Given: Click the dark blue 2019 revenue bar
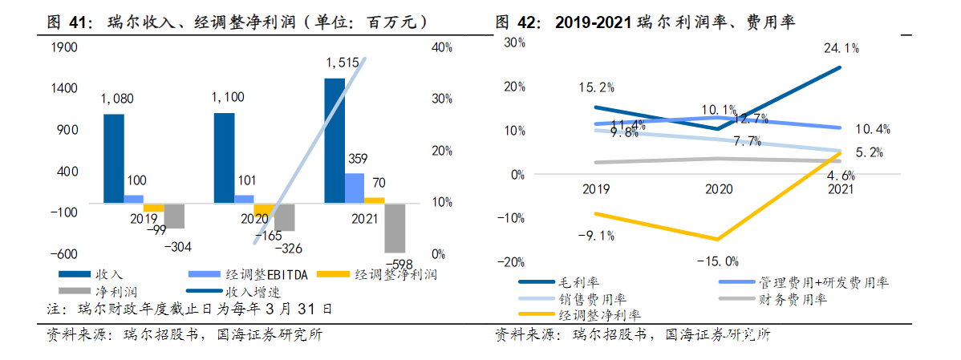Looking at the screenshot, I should click(114, 158).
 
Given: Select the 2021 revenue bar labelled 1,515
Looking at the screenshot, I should click(335, 140).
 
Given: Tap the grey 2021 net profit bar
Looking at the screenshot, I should click(395, 229).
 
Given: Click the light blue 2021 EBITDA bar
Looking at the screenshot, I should click(355, 188).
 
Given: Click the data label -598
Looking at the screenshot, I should click(399, 264).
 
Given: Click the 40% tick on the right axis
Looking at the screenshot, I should click(443, 47).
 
